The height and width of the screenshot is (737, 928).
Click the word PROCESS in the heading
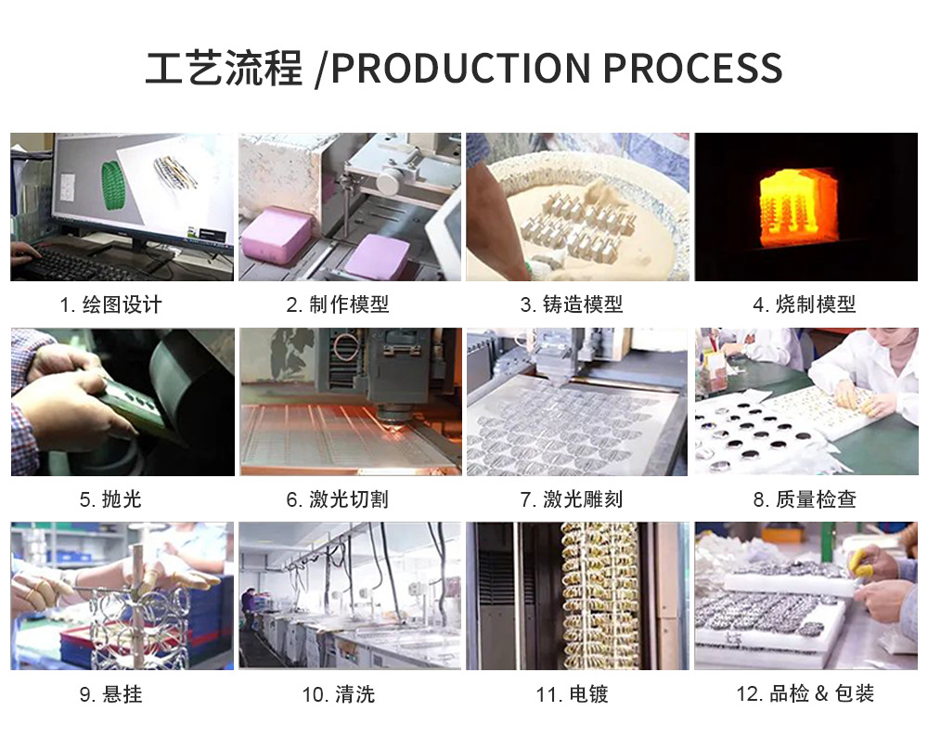click(x=692, y=69)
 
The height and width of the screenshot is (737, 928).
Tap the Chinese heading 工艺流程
click(x=225, y=69)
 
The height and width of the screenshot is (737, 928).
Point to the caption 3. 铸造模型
click(x=572, y=304)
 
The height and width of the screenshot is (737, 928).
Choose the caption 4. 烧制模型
click(x=805, y=304)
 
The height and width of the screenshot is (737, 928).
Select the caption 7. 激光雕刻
click(x=572, y=499)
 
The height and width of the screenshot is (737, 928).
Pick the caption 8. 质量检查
click(x=805, y=499)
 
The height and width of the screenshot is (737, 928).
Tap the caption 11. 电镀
click(x=572, y=694)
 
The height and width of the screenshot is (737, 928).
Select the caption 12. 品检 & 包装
click(x=805, y=694)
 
